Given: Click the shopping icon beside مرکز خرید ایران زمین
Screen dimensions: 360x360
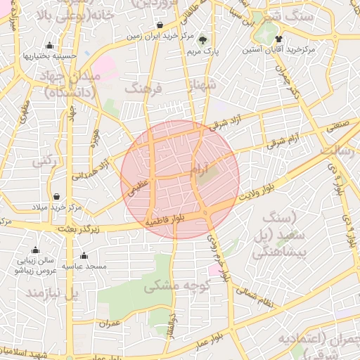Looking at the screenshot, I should tap(160, 25).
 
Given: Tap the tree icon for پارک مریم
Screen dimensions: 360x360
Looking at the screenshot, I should tap(203, 40).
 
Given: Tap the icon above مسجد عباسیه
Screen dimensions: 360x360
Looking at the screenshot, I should tap(84, 255).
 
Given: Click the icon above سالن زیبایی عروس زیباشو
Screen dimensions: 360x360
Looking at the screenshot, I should tap(35, 250).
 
